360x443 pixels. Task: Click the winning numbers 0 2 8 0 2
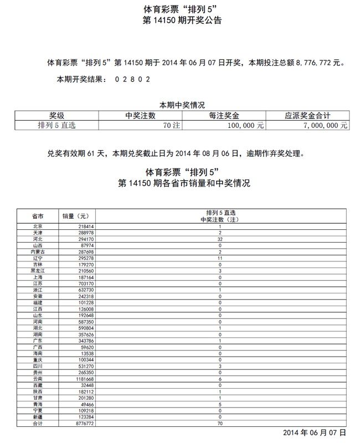(x=133, y=79)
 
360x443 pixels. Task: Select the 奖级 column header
(x=56, y=116)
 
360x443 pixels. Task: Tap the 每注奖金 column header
(x=224, y=116)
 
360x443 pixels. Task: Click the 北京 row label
(x=38, y=226)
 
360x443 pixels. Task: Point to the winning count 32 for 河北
(x=220, y=239)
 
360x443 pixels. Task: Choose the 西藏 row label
(x=38, y=385)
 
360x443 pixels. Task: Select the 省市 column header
(x=38, y=216)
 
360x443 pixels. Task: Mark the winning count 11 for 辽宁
(x=220, y=257)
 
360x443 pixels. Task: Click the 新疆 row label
(x=38, y=416)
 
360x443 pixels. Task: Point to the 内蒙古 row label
(x=38, y=251)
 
